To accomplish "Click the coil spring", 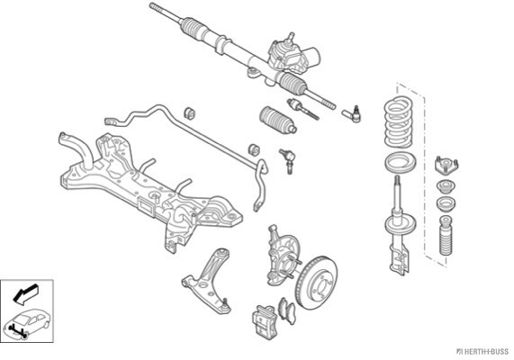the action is (398, 121).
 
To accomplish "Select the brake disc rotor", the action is (316, 283).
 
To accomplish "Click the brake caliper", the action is (265, 322).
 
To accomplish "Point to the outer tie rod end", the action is (352, 113).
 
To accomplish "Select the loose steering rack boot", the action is (278, 120).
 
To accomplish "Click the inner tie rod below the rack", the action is (302, 109).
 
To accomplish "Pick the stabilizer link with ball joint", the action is (287, 161).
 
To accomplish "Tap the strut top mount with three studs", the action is (446, 166).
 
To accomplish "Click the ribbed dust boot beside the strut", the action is (446, 235).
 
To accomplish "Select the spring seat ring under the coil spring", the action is (400, 163).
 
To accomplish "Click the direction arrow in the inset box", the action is (25, 292).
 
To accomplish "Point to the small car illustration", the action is (27, 322).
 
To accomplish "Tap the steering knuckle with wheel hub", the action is (283, 254).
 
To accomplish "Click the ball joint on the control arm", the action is (225, 305).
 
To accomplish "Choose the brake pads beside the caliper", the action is (286, 311).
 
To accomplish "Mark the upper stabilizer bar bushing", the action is (189, 113).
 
